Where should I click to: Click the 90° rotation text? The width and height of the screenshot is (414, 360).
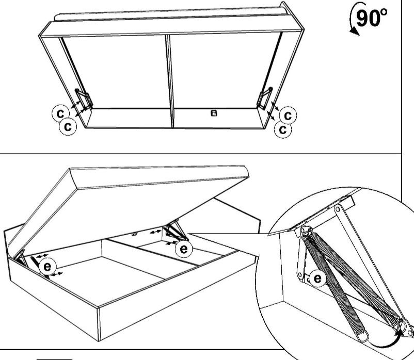pos(372,18)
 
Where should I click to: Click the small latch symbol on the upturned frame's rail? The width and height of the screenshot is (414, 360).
pos(214,113)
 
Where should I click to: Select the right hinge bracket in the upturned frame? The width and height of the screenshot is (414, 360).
pos(265,98)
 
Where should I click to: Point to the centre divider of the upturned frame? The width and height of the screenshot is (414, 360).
pos(170,81)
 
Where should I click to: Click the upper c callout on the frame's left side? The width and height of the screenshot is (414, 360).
pos(60,113)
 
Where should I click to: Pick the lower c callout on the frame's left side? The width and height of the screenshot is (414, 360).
pos(68,126)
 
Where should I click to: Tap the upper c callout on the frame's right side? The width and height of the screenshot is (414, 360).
pos(288,115)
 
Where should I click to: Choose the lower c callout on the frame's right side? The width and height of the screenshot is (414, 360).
pos(283,130)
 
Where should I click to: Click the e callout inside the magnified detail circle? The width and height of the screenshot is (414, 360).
pos(317,278)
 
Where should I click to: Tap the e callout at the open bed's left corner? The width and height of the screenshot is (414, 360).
pos(47,267)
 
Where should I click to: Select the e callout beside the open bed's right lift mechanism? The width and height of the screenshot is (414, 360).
pos(184,249)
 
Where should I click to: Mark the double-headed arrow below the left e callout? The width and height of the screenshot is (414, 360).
pos(57,274)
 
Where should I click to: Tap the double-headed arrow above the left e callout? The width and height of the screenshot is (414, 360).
pos(42,256)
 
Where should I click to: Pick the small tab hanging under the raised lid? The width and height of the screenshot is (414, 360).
pos(135,234)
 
